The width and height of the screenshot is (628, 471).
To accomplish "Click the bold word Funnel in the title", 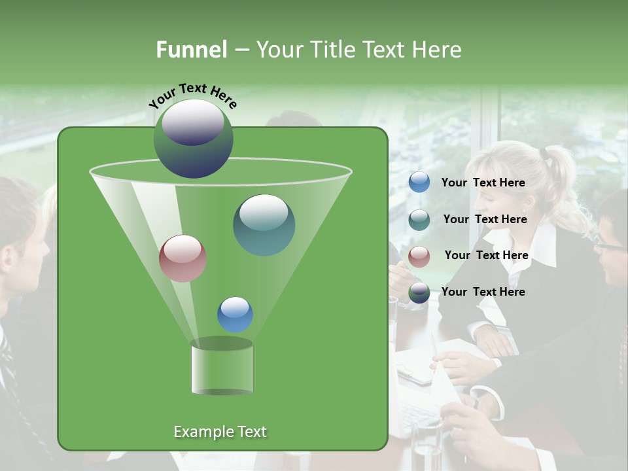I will (x=191, y=50).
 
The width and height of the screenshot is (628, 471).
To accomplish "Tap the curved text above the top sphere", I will (x=193, y=96).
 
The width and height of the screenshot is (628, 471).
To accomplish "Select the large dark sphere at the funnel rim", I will (x=193, y=138).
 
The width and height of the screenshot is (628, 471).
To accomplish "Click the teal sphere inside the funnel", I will (x=264, y=224).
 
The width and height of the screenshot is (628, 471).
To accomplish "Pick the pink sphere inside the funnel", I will (x=183, y=258).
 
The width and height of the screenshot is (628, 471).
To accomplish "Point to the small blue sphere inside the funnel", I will (x=235, y=314).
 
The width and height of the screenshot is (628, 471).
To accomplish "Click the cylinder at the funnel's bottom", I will (x=222, y=368).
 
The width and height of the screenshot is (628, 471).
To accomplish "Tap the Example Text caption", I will (x=220, y=432).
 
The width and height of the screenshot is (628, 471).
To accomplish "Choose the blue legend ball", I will (x=419, y=183).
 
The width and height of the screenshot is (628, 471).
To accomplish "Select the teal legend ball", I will (x=419, y=220).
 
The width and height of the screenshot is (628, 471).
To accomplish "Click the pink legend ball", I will (x=419, y=256).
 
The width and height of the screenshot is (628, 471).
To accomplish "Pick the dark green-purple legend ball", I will (x=419, y=292).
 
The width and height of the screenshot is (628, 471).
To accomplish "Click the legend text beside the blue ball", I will (x=483, y=183).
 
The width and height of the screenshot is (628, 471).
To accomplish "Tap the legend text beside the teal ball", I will (x=485, y=220).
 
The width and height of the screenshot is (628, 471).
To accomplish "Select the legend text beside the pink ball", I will (x=486, y=256).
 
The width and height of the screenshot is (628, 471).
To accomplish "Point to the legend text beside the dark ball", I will (x=483, y=292).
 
